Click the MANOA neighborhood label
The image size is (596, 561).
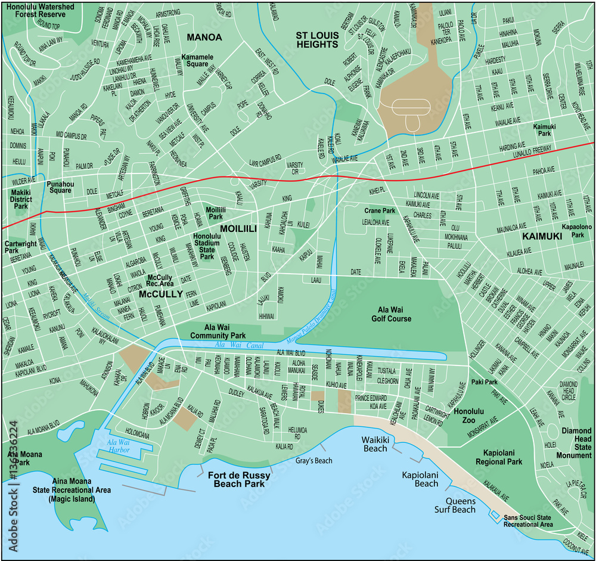coord(204,37)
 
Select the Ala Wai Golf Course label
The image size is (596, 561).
coord(395,314)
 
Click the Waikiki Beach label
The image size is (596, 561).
coord(375,444)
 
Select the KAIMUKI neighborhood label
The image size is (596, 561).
coord(542,237)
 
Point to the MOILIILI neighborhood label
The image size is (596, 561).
coord(238,228)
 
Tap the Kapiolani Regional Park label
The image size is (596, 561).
coord(499,457)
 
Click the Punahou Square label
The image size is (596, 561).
coord(60,187)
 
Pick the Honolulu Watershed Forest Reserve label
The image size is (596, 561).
coord(41,11)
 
